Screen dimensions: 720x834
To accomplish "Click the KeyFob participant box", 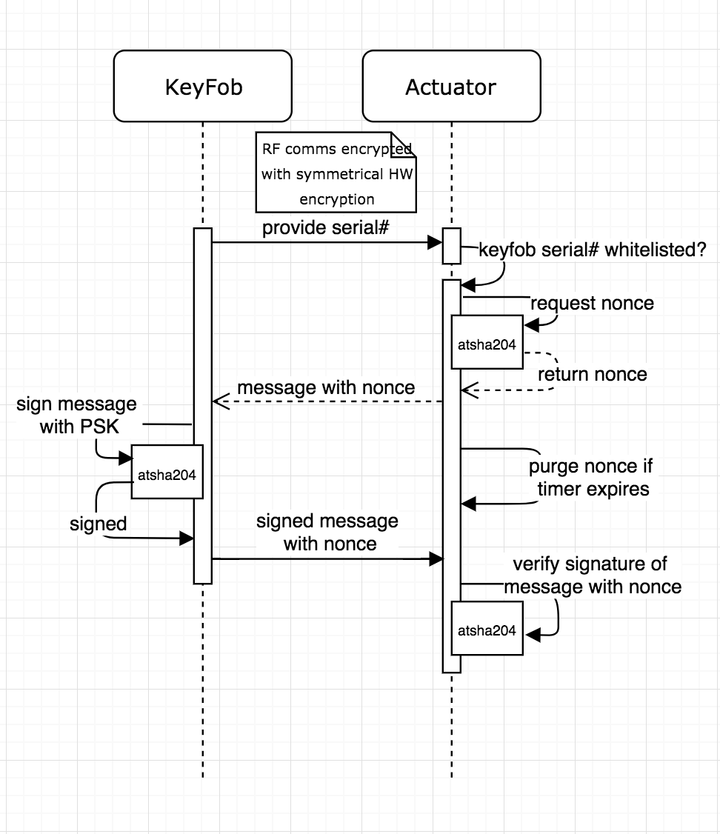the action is (x=203, y=86).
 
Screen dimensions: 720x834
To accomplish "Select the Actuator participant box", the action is (x=451, y=86).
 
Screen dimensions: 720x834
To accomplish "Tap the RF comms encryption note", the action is (x=336, y=173).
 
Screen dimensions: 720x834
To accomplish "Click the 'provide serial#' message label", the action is (x=325, y=227).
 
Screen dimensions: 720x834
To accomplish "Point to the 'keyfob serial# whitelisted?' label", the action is (x=593, y=250).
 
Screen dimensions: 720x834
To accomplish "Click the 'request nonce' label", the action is (x=592, y=303).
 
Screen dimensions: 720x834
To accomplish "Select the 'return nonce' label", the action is (x=593, y=374).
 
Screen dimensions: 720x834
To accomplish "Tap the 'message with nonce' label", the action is (x=326, y=388).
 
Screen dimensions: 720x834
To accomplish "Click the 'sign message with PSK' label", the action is (x=77, y=415).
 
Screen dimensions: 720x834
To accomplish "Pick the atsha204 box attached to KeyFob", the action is (x=167, y=472).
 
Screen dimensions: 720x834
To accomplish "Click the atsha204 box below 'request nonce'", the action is (x=487, y=342).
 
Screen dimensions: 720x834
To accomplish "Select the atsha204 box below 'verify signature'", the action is (x=487, y=628).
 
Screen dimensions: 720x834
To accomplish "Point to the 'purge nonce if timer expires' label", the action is (x=591, y=477).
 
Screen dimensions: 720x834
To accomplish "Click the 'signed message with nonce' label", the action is (x=327, y=532).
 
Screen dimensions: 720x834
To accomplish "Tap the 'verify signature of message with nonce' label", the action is (x=592, y=575).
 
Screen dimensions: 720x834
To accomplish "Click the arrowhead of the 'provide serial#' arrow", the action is (x=436, y=242).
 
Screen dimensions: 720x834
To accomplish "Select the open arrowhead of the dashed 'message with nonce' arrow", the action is (x=221, y=401).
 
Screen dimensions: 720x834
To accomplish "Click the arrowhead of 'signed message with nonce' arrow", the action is (x=436, y=559).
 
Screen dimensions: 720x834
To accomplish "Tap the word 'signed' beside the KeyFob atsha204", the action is (x=99, y=524).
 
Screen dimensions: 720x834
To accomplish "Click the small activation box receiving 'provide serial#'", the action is (x=451, y=246).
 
